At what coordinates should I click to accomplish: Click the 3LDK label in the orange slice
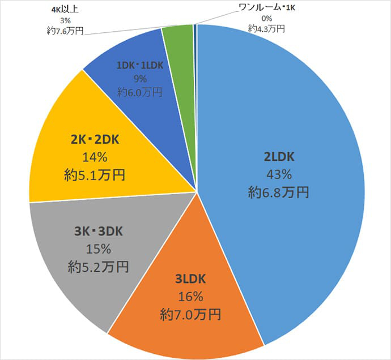pyautogui.click(x=190, y=278)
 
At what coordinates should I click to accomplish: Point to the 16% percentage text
pyautogui.click(x=190, y=295)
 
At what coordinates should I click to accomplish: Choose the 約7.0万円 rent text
pyautogui.click(x=190, y=313)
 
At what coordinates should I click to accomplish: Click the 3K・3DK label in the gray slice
pyautogui.click(x=99, y=231)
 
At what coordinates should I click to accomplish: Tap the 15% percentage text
pyautogui.click(x=99, y=248)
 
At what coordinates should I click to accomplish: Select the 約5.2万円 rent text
pyautogui.click(x=99, y=266)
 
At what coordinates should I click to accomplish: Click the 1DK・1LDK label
pyautogui.click(x=139, y=66)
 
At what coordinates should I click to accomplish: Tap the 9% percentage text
pyautogui.click(x=139, y=79)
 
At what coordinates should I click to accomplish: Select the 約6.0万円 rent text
pyautogui.click(x=139, y=91)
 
